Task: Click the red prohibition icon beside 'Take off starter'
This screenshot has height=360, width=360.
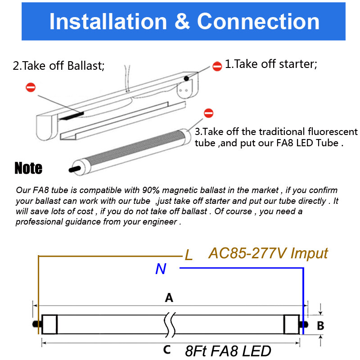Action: coord(217,67)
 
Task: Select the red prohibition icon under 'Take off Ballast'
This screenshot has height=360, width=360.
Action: coord(31,87)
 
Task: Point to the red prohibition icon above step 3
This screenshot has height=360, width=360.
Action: coord(208,113)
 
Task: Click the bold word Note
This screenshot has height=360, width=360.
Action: coord(28,168)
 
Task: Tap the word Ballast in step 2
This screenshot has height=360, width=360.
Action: coord(85,66)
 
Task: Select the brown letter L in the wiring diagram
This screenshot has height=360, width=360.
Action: coord(189,256)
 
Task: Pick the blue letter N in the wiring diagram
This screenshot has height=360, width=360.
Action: coord(161,269)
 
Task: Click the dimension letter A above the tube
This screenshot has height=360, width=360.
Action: coord(169,297)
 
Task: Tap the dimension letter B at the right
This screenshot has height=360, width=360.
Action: coord(320,326)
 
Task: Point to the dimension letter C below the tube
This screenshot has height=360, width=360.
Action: coord(167,350)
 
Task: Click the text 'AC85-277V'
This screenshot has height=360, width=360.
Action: coord(247,253)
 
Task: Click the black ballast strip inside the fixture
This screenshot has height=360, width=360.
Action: coord(71,115)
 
